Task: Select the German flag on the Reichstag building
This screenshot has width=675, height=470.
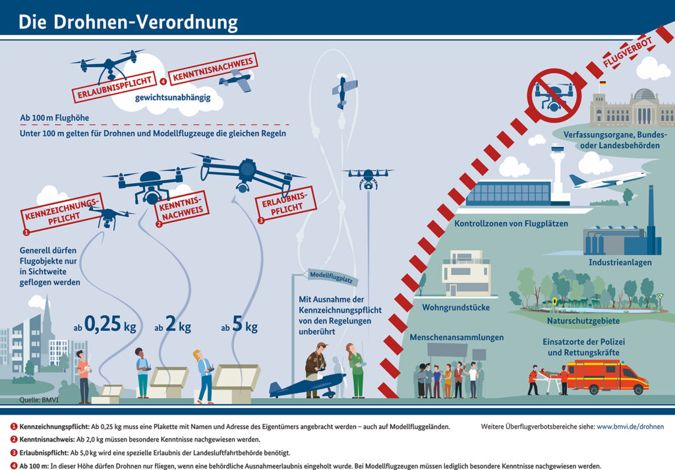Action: point(602,84)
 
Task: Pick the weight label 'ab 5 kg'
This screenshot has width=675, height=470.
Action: point(239,326)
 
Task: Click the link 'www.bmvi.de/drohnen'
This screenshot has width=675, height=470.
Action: point(630,426)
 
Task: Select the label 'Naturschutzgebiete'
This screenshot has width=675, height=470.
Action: point(583,321)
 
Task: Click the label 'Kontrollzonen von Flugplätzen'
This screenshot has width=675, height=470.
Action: point(511,223)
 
